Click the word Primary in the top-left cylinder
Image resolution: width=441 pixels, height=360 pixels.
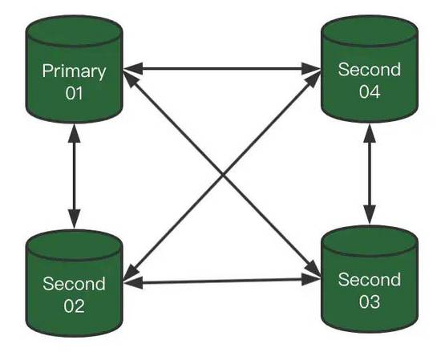tap(74, 71)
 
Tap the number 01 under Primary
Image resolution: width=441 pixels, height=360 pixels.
tap(74, 93)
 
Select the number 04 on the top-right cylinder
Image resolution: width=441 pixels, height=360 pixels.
tap(370, 92)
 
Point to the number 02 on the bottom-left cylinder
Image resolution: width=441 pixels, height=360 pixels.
tap(74, 305)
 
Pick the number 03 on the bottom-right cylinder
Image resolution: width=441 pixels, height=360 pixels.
tap(370, 301)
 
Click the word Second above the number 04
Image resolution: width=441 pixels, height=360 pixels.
tap(370, 70)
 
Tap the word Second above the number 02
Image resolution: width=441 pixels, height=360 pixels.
tap(74, 283)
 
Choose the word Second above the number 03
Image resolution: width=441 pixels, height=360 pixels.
tap(370, 280)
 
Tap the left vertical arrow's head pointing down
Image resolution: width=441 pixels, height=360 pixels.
tap(74, 219)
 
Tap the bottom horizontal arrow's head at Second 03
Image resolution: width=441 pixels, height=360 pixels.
tap(314, 281)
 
